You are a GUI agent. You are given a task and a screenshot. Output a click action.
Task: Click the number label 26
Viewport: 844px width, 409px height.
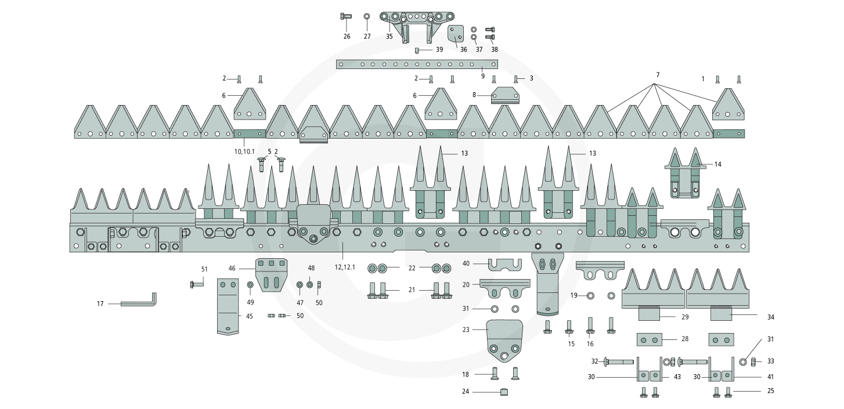(347, 37)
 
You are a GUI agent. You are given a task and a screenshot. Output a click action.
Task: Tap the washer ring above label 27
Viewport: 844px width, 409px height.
(367, 16)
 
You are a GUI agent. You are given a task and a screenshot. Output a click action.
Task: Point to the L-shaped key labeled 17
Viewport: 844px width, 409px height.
(139, 302)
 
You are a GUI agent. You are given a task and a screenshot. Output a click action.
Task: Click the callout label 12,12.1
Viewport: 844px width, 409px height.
(344, 267)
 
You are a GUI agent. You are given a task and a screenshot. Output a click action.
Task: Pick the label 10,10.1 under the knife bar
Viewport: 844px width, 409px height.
(244, 151)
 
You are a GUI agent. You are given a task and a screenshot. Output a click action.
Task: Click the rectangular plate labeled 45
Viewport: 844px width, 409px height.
(228, 306)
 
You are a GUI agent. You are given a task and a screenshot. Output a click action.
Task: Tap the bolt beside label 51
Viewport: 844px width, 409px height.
(196, 284)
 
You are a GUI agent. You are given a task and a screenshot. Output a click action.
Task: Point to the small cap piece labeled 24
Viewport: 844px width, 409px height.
(504, 392)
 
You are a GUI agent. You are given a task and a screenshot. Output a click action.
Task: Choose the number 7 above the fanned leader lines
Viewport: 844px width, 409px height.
(658, 74)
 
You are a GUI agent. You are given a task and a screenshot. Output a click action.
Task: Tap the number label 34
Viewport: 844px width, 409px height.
(770, 317)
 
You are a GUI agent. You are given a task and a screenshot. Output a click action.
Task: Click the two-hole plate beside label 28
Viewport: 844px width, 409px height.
(648, 338)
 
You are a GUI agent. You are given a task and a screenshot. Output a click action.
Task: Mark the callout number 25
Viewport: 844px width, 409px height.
(770, 392)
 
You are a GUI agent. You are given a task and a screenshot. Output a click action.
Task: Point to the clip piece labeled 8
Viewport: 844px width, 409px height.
(504, 96)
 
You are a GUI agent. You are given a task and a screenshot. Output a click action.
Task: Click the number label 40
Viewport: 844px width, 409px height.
(466, 263)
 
